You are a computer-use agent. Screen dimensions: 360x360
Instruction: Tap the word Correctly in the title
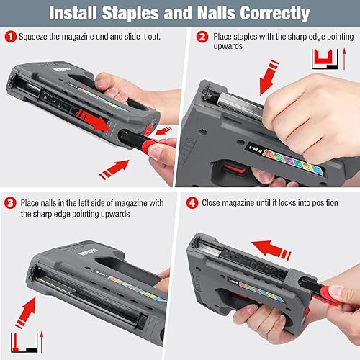(x=274, y=14)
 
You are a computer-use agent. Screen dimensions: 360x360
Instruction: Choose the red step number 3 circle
(x=9, y=203)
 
